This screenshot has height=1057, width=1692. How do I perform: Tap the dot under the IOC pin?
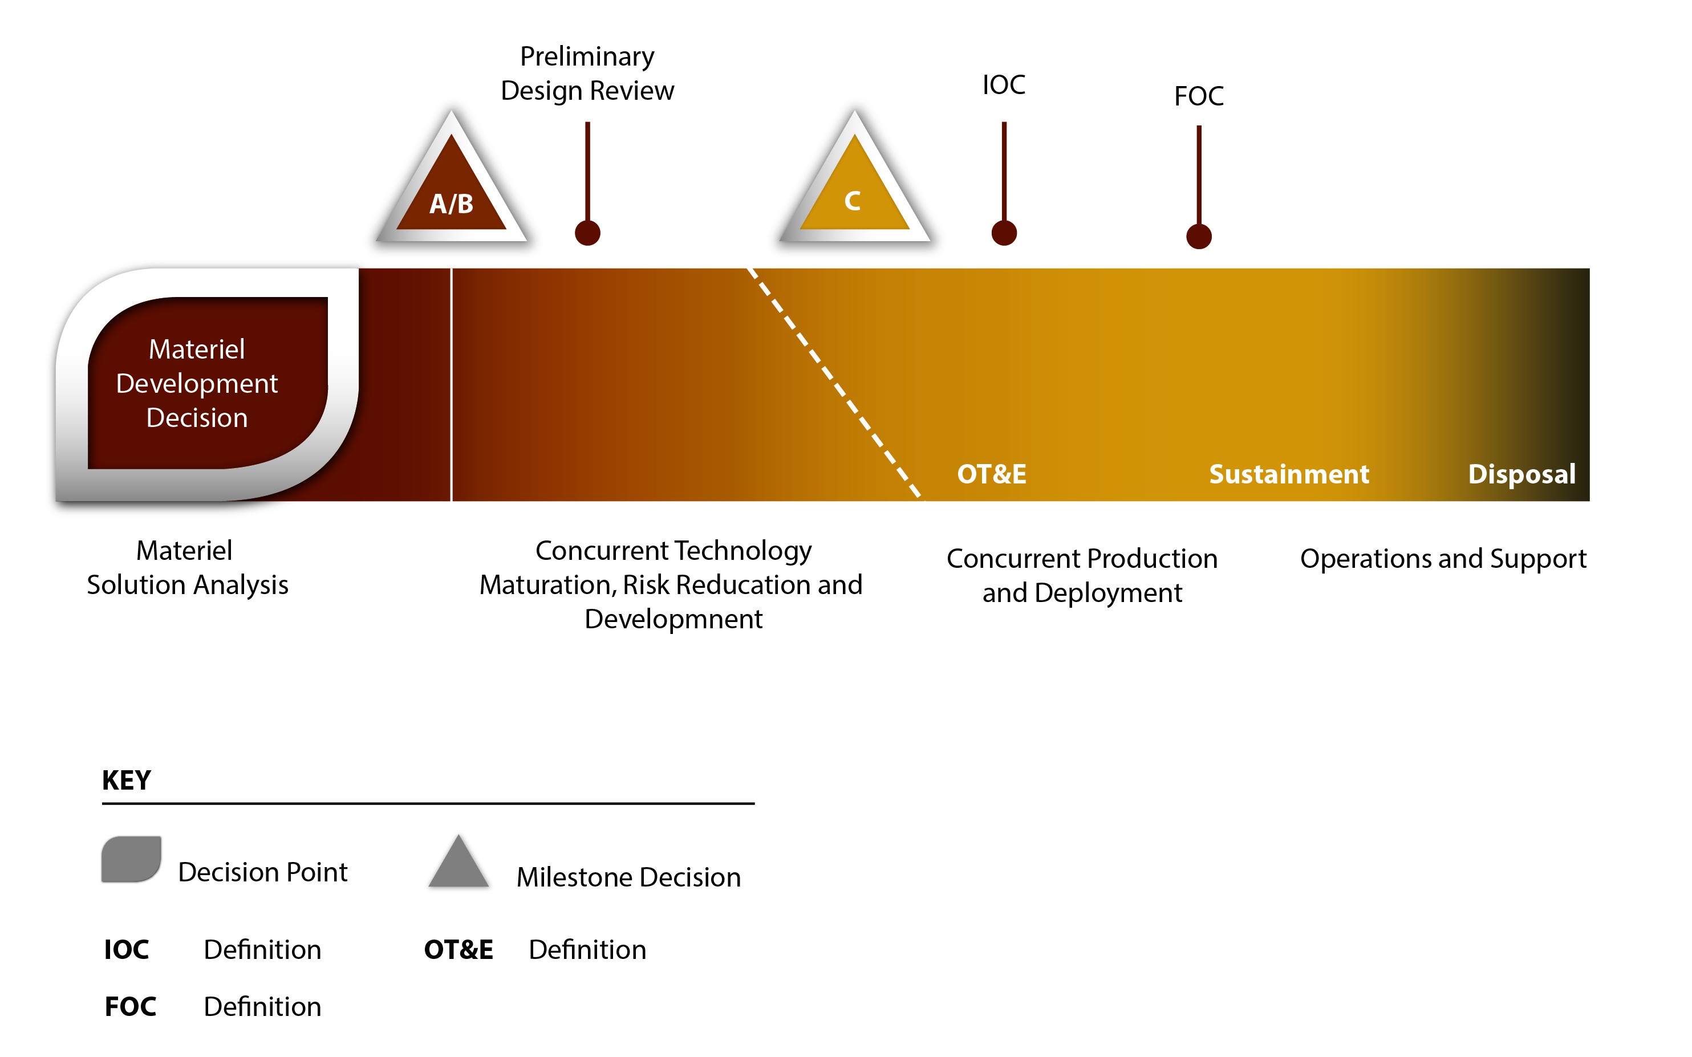click(1004, 233)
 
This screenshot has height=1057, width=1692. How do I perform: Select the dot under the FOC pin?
click(1199, 236)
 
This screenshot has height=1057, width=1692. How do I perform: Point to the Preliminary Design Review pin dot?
click(587, 233)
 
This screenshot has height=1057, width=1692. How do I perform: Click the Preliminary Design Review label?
click(587, 74)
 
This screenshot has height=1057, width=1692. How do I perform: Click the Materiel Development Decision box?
click(207, 384)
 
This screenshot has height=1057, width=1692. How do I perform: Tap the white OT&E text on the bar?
click(992, 474)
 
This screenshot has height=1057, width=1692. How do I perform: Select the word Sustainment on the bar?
click(1289, 474)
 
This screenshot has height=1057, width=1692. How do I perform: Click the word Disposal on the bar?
click(1522, 474)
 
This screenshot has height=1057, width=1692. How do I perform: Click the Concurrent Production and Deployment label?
click(1082, 575)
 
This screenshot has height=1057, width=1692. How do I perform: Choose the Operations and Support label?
click(1443, 559)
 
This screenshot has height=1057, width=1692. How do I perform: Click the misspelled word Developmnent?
click(673, 619)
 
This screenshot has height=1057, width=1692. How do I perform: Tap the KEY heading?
click(127, 780)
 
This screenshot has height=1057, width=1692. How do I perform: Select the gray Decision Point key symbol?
click(131, 859)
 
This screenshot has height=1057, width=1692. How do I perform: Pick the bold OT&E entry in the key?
click(458, 949)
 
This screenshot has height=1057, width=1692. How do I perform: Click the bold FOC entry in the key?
click(130, 1007)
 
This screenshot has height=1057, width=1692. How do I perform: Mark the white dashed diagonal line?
click(835, 384)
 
